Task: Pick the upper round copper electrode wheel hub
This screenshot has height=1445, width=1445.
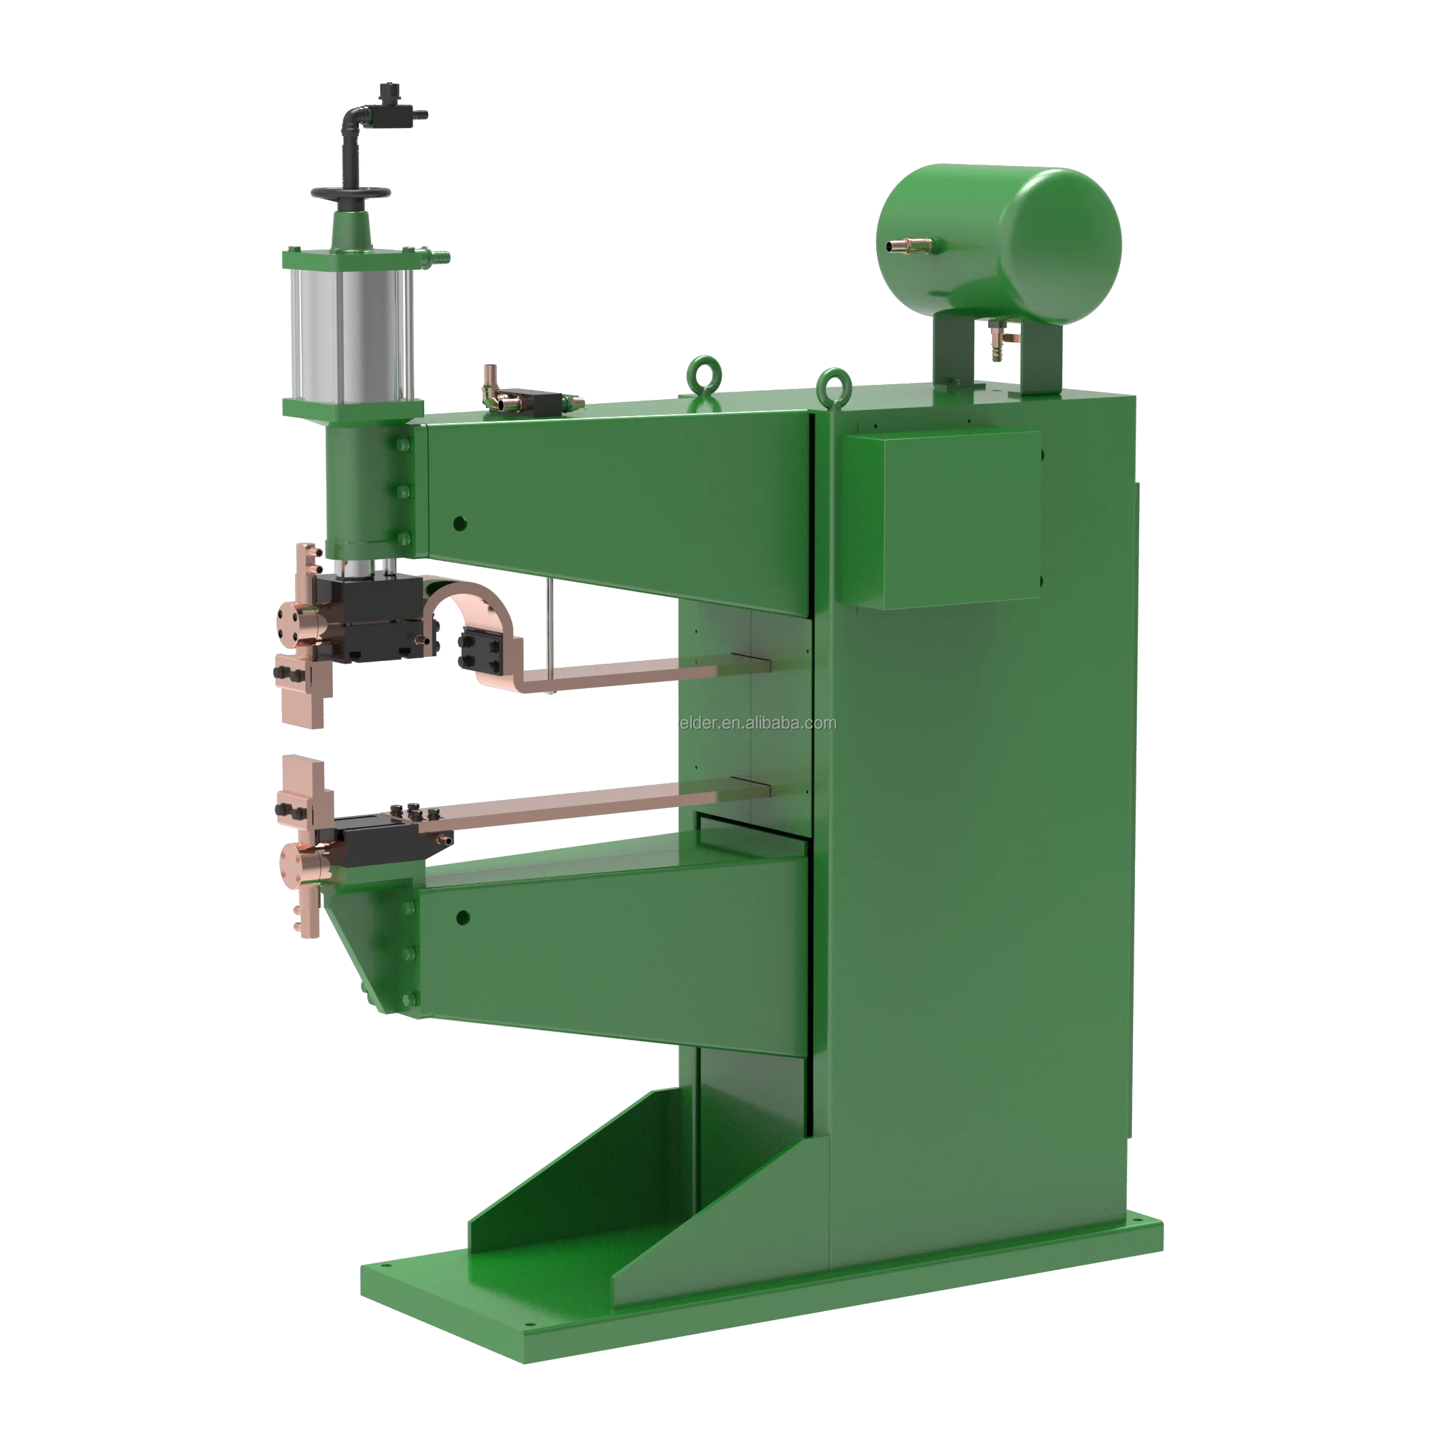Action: (x=288, y=632)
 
